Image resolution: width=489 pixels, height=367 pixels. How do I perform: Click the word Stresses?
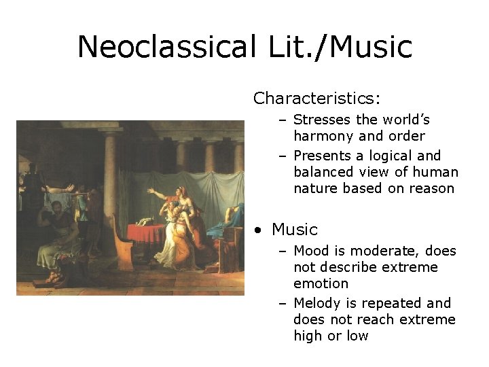tap(322, 120)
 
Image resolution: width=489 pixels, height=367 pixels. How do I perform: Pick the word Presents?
tap(323, 156)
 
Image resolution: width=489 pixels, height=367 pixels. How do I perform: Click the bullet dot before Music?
tap(258, 230)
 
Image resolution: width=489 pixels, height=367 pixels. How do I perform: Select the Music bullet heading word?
tap(295, 230)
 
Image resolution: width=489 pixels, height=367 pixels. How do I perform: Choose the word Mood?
tap(312, 251)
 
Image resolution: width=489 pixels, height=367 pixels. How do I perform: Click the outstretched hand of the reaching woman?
tap(151, 193)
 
